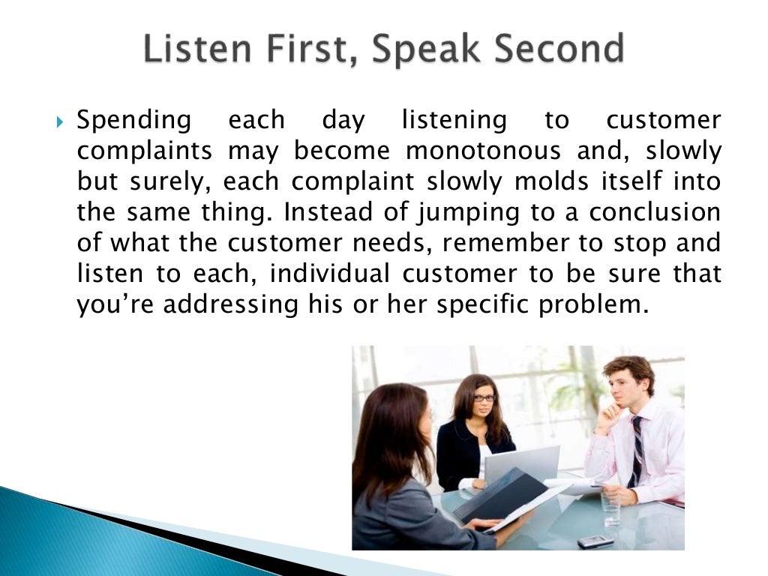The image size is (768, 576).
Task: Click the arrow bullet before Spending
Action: point(61,121)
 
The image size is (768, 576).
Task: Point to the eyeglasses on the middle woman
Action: point(484,398)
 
